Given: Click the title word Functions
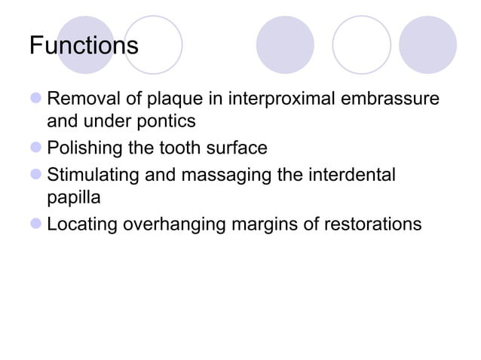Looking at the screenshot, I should (x=84, y=45).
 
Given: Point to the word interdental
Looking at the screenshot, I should (x=351, y=175).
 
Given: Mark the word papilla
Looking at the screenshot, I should (x=71, y=197).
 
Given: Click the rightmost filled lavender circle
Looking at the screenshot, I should (x=427, y=44).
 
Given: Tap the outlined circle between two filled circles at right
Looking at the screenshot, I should (x=361, y=44).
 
